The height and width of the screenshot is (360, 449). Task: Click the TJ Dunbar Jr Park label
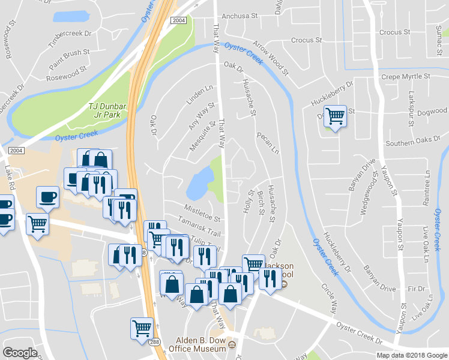(107, 110)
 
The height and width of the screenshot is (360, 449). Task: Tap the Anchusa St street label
(240, 17)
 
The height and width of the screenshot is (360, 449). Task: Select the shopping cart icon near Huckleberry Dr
(336, 116)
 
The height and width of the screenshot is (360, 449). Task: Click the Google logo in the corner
(20, 353)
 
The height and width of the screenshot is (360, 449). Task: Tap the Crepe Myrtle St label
(406, 77)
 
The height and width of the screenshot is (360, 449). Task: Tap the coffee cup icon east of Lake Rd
(47, 196)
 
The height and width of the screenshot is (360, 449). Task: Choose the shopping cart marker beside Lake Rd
(38, 224)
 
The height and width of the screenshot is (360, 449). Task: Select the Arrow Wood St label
(271, 61)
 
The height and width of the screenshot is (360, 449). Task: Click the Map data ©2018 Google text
(412, 355)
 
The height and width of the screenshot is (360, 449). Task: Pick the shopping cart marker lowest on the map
(142, 328)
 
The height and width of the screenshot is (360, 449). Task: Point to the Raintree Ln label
(427, 187)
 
